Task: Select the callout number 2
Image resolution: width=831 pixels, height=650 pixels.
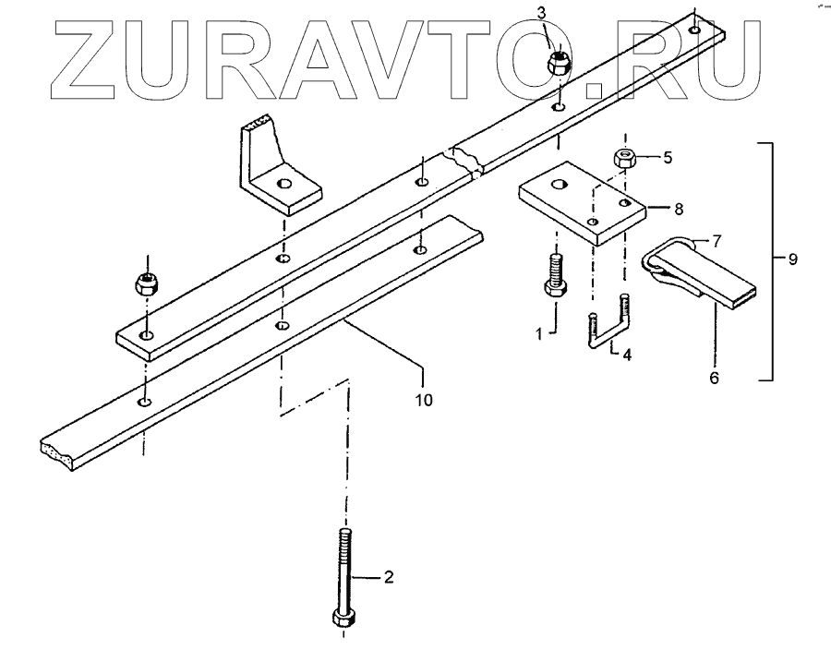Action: coord(388,578)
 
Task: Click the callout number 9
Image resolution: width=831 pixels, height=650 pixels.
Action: coord(792,260)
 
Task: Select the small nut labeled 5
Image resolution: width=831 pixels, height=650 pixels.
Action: coord(627,158)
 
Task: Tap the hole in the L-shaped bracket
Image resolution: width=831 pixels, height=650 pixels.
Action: coord(285,184)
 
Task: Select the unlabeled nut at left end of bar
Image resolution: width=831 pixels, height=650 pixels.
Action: coord(146,283)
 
